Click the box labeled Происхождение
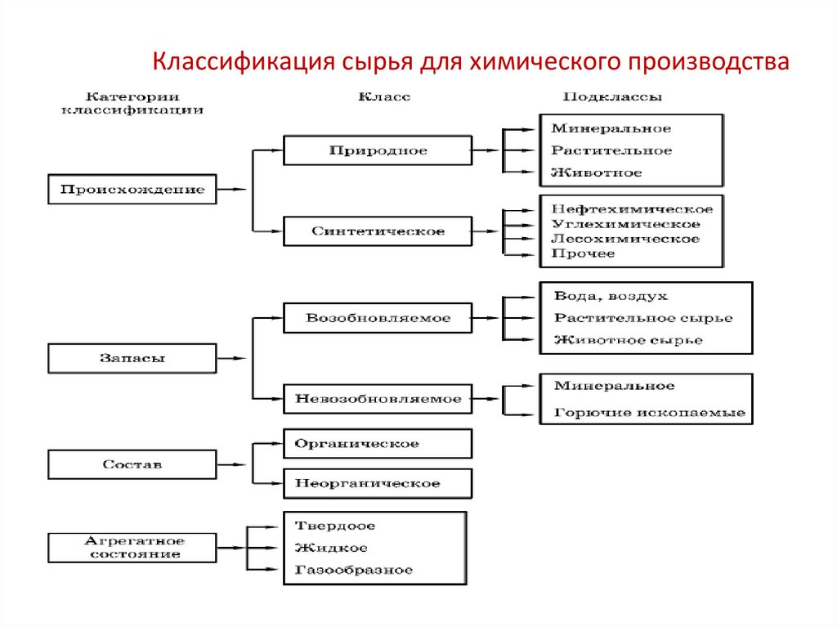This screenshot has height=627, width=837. (x=132, y=190)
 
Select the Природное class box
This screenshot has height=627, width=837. (x=377, y=150)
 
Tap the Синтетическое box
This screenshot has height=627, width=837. (x=377, y=231)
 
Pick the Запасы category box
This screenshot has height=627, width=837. (x=132, y=358)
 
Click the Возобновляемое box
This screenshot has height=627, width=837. (x=377, y=318)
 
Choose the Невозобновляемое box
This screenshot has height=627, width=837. (x=377, y=399)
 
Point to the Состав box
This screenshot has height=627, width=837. (x=132, y=464)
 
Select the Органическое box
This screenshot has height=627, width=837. (x=377, y=444)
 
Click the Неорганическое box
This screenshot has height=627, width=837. (x=377, y=483)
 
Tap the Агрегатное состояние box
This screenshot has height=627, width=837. (x=132, y=548)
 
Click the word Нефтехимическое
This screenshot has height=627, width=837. (x=626, y=209)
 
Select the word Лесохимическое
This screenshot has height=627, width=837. (x=625, y=239)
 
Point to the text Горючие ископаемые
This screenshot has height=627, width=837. (x=649, y=413)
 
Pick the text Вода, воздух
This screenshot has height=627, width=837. (x=610, y=296)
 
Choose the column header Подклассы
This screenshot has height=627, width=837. (x=612, y=96)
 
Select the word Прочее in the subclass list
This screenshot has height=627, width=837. (x=583, y=253)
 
